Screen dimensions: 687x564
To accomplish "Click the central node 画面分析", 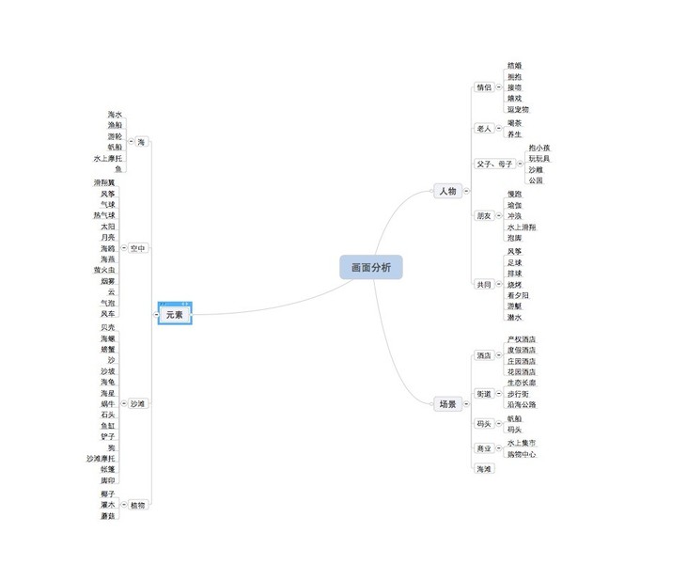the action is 371,268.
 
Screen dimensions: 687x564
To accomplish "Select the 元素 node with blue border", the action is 175,315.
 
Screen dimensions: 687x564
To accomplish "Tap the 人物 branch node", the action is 446,192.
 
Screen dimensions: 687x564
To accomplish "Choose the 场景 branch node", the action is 447,404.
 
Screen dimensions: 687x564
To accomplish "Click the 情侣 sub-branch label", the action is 484,87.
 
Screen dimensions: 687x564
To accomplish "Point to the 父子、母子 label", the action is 494,164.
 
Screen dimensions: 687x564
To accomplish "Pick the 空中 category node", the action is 138,248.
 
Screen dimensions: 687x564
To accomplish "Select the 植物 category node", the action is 137,505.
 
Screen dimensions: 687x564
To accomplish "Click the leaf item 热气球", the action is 104,215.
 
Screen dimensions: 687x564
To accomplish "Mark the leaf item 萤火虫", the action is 104,270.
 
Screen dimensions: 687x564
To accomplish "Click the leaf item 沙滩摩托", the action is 101,459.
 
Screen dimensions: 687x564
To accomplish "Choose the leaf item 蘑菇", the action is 108,516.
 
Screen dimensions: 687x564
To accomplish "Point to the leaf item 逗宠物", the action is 518,109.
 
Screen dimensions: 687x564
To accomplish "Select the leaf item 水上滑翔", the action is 522,227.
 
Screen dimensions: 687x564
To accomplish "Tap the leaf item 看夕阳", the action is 520,295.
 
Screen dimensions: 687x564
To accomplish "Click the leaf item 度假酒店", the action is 521,350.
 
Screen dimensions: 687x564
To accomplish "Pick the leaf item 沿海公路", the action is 521,405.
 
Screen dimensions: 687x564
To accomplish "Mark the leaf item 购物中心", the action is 522,454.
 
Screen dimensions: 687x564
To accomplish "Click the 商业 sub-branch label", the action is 484,448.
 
